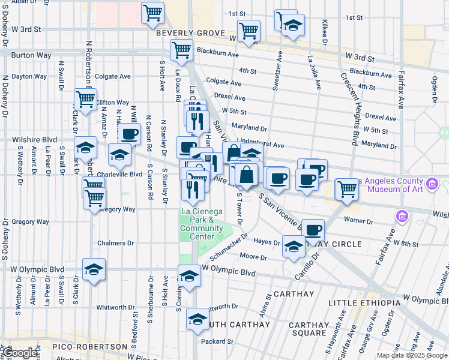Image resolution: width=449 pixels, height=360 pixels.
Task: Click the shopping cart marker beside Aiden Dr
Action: (x=152, y=12)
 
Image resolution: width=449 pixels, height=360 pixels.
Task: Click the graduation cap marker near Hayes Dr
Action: (x=294, y=247)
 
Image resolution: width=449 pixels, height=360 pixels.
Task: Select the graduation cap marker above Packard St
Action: (x=197, y=319)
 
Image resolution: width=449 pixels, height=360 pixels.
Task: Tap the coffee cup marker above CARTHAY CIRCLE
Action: (x=312, y=229)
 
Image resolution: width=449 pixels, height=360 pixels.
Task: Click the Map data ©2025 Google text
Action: (x=411, y=355)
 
